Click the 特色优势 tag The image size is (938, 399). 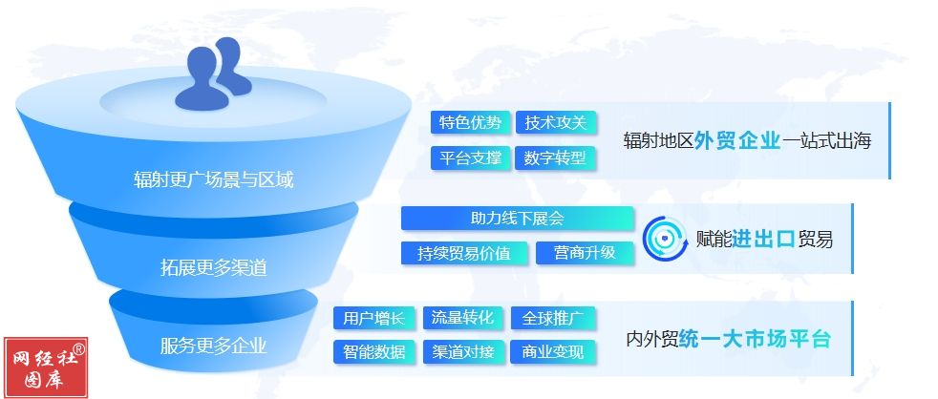pyautogui.click(x=470, y=122)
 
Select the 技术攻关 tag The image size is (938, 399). pyautogui.click(x=556, y=122)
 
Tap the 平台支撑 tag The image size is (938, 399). pyautogui.click(x=470, y=158)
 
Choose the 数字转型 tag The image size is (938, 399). pyautogui.click(x=556, y=158)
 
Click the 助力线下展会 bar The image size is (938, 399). pyautogui.click(x=517, y=219)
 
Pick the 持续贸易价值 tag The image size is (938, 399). pyautogui.click(x=464, y=253)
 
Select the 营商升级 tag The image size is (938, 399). pyautogui.click(x=585, y=253)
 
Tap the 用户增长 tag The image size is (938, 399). pyautogui.click(x=373, y=318)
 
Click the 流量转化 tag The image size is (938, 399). pyautogui.click(x=462, y=318)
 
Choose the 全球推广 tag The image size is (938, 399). pyautogui.click(x=553, y=318)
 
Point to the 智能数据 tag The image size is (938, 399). pyautogui.click(x=373, y=352)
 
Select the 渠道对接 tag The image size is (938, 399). pyautogui.click(x=462, y=352)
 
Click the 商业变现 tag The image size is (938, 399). pyautogui.click(x=553, y=352)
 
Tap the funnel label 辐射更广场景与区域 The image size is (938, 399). pyautogui.click(x=214, y=178)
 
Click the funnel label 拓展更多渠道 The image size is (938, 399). pyautogui.click(x=214, y=267)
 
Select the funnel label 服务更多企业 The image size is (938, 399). pyautogui.click(x=214, y=346)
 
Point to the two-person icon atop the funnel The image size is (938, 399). pyautogui.click(x=212, y=74)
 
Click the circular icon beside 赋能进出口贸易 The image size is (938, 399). pyautogui.click(x=665, y=239)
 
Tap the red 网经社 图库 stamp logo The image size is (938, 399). pyautogui.click(x=46, y=367)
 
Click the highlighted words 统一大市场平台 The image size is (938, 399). pyautogui.click(x=755, y=339)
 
